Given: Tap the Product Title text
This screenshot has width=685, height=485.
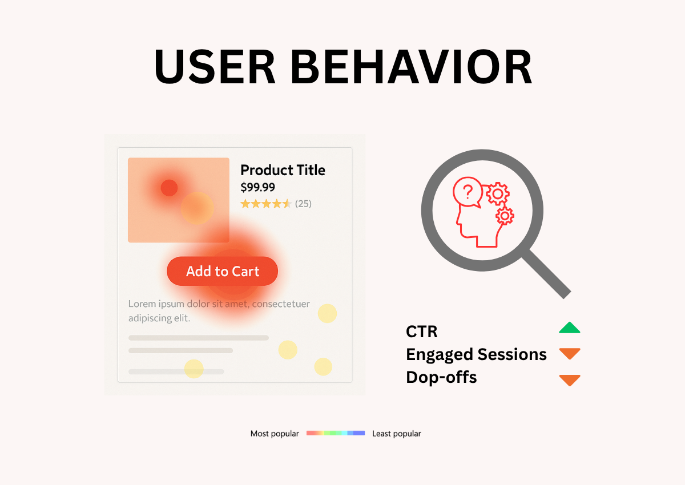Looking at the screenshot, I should click(283, 170).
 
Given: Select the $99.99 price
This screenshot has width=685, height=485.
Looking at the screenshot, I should click(257, 187).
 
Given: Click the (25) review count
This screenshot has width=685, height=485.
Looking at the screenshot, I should click(303, 204).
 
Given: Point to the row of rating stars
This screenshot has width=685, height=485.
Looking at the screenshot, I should click(266, 204).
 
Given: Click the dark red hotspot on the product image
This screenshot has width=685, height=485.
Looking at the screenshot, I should click(169, 188).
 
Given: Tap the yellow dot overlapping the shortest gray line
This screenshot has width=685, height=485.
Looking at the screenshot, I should click(194, 369).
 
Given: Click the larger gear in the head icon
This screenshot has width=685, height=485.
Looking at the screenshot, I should click(497, 194).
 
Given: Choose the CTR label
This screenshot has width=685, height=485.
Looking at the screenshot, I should click(422, 332).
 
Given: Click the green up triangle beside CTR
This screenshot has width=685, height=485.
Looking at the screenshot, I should click(569, 328).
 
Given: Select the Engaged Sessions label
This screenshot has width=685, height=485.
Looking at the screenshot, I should click(476, 354).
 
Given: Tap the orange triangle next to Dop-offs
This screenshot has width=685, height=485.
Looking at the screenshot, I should click(569, 379).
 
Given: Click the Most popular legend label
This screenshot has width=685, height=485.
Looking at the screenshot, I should click(275, 434).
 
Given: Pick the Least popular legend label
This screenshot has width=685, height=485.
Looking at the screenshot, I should click(397, 434).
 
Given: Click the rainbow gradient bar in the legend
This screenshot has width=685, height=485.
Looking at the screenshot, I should click(336, 434).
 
